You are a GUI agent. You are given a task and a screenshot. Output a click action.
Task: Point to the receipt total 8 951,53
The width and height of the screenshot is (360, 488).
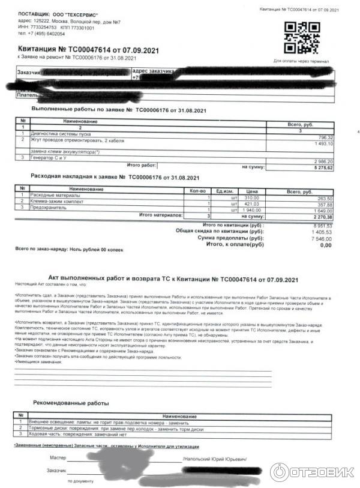(322, 225)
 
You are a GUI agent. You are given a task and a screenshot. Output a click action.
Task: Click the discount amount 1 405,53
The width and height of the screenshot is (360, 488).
(322, 232)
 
